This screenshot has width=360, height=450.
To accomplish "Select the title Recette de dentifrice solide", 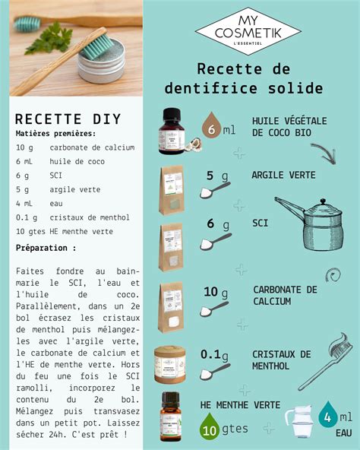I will tap(260, 78).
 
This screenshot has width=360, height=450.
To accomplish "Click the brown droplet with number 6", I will tap(211, 128).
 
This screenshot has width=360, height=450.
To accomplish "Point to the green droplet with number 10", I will tap(210, 429).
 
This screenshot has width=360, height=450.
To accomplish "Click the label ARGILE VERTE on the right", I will tap(283, 176).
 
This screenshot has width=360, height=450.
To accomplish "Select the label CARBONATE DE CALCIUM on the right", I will tap(285, 295).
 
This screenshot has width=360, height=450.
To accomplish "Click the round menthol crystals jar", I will tap(171, 364).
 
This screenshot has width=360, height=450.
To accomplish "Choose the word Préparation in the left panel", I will tap(46, 248).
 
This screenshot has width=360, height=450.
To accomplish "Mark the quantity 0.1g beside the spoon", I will tap(215, 354).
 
